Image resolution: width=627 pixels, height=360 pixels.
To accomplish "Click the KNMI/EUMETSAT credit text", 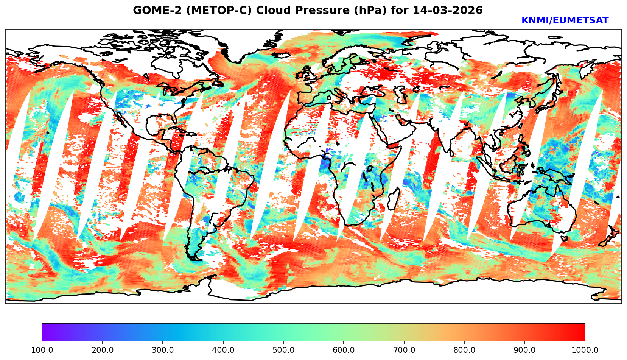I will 565,20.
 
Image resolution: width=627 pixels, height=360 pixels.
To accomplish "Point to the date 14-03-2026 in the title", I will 448,10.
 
